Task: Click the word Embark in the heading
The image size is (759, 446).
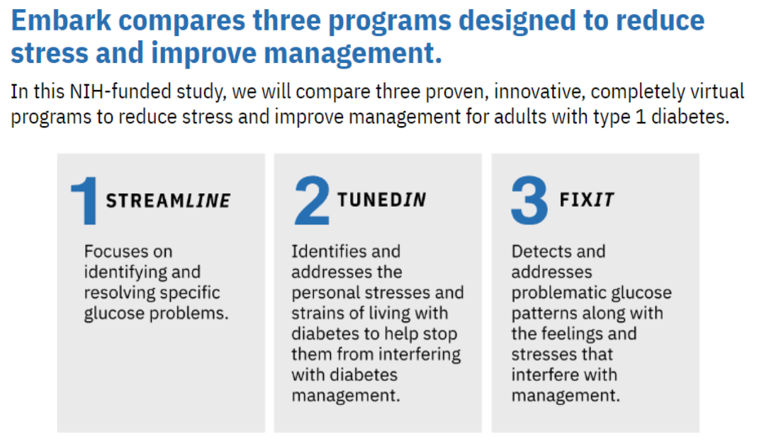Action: [x=61, y=21]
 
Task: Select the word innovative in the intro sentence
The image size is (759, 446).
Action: [x=539, y=91]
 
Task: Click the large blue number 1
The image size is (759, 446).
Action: [x=84, y=200]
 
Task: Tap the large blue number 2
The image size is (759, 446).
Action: [x=312, y=200]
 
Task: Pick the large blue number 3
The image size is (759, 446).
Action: [x=529, y=200]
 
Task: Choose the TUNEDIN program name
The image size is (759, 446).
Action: [x=381, y=200]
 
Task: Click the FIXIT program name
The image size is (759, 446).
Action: [x=587, y=200]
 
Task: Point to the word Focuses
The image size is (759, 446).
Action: [x=115, y=251]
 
